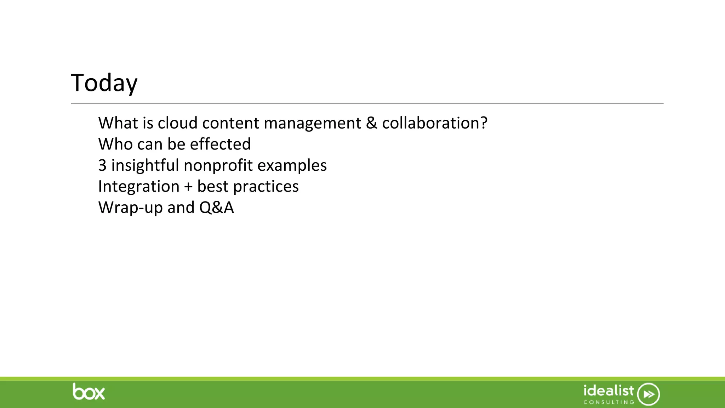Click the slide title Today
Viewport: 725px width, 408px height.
pyautogui.click(x=104, y=83)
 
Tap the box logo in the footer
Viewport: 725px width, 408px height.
pyautogui.click(x=89, y=392)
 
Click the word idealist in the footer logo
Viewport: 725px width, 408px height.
pyautogui.click(x=609, y=391)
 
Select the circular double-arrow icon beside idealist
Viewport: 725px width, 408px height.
pyautogui.click(x=649, y=394)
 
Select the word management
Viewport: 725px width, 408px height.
pyautogui.click(x=312, y=124)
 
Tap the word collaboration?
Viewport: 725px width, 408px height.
pyautogui.click(x=434, y=123)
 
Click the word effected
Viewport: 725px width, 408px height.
pyautogui.click(x=220, y=144)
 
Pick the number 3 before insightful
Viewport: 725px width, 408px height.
pyautogui.click(x=102, y=165)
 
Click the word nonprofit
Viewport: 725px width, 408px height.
pyautogui.click(x=218, y=165)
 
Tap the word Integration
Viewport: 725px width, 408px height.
pyautogui.click(x=139, y=187)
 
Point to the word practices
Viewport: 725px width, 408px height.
pyautogui.click(x=266, y=187)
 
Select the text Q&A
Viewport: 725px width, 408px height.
pyautogui.click(x=216, y=208)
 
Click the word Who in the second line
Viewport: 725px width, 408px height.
pyautogui.click(x=115, y=144)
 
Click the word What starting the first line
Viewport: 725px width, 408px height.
pyautogui.click(x=118, y=123)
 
